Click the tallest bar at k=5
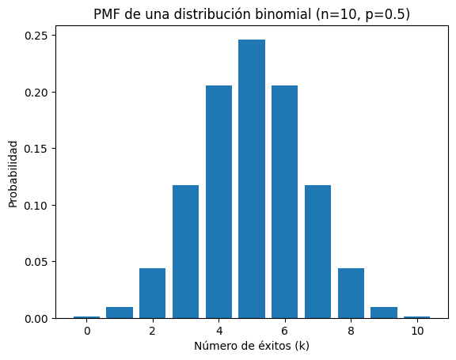(x=252, y=179)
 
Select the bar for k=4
(x=218, y=202)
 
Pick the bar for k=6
(x=284, y=202)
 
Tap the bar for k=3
(x=185, y=252)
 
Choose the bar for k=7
(x=317, y=252)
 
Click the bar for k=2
(x=152, y=294)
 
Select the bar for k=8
(x=351, y=294)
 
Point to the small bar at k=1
(x=120, y=313)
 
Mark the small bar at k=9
(x=384, y=313)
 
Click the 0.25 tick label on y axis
(x=34, y=36)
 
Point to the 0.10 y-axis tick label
(x=34, y=205)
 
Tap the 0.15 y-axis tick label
(x=34, y=149)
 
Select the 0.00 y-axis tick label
(x=34, y=318)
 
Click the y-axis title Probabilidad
(x=13, y=174)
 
